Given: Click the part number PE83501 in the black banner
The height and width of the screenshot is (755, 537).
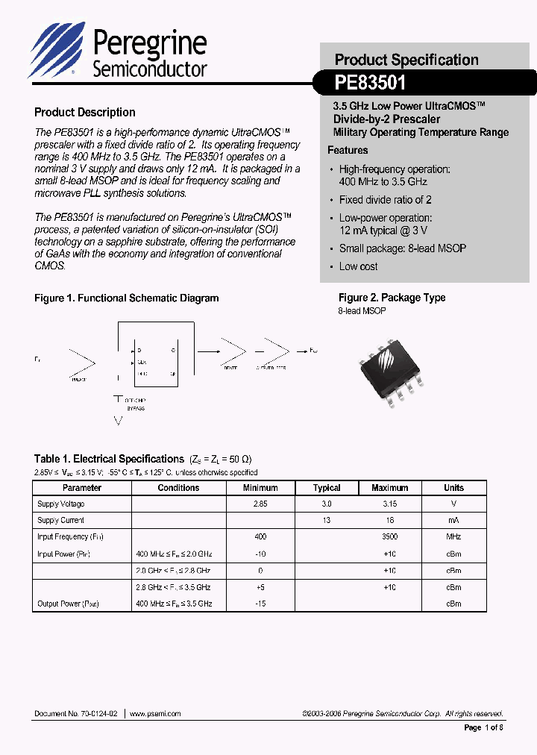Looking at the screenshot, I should pos(370,81).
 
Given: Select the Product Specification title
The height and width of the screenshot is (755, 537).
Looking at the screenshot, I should pos(406,60).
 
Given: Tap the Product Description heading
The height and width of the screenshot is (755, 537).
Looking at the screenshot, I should pos(85,113).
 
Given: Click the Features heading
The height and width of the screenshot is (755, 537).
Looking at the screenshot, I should pos(348,150).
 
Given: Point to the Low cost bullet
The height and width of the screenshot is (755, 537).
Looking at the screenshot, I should pos(358,266).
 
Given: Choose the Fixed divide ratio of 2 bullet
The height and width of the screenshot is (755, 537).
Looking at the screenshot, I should pos(385,200).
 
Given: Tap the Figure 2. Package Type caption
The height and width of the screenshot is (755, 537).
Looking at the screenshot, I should pos(392,298).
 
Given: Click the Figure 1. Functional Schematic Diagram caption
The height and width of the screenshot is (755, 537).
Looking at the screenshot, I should pos(127,298).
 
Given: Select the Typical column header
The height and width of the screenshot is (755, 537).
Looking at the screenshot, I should pos(327,488).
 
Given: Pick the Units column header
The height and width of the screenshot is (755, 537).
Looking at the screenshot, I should pos(453,488).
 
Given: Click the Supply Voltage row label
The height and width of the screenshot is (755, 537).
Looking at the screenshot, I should pos(60,504).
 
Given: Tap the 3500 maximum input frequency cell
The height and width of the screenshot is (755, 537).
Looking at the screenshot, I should pos(389,536).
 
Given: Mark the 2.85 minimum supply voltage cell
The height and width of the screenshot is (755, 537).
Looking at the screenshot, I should pos(260,504).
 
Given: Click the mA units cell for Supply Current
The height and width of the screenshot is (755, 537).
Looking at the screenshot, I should pos(453,521).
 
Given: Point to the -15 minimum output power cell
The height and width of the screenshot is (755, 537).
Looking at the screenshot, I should pos(260,603).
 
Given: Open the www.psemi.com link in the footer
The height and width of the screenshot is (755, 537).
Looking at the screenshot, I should pos(155,714).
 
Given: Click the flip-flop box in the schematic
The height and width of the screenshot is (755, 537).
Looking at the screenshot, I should pos(154,361).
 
